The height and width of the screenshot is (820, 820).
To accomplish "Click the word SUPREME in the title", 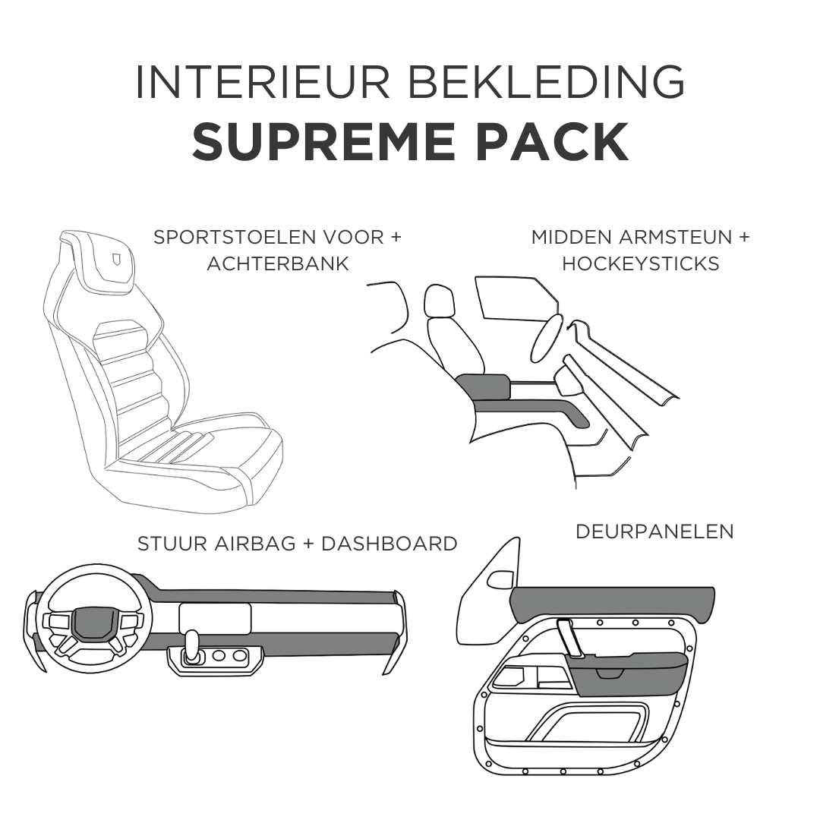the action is coord(323,141).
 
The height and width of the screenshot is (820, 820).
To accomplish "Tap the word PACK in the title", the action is coord(552,141).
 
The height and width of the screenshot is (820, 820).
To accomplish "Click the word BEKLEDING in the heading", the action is coord(546,82).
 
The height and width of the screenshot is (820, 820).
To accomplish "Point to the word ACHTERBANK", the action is coord(278,263).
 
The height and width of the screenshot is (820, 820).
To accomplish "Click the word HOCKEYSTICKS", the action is coord(641,263).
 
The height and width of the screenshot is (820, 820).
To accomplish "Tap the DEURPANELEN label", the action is coord(654,531).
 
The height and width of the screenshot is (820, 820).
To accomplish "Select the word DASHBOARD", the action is coord(389,544).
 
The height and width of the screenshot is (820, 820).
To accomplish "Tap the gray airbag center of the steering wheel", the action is coord(93,623).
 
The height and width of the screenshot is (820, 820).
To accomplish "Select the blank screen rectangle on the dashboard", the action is coord(215,619).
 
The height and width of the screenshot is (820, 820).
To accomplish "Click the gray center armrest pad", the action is coord(483,386).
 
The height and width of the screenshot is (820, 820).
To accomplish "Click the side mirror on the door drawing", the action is coord(500,579).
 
